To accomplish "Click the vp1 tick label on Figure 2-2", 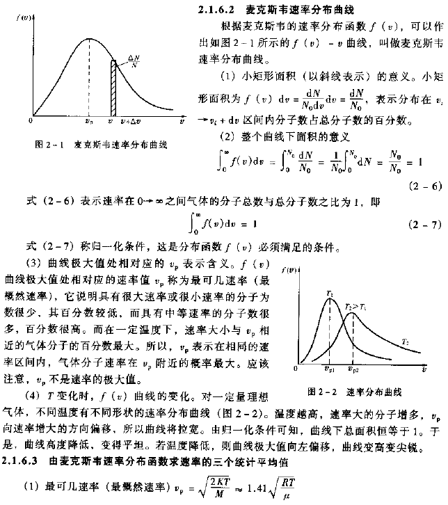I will point(329,373).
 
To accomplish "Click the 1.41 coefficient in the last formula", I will point(259,489).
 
